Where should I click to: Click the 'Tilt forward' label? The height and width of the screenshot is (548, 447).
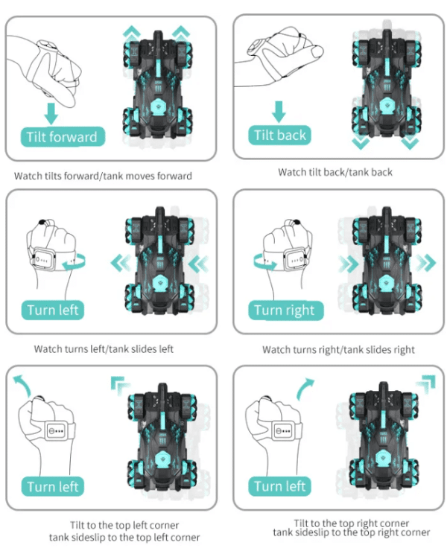[62, 137]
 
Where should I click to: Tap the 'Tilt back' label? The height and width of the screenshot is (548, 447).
[279, 136]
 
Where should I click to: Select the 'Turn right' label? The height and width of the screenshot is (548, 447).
[284, 310]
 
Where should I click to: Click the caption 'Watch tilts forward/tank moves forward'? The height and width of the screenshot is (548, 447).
[103, 176]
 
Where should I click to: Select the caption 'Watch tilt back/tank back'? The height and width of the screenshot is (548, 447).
[335, 172]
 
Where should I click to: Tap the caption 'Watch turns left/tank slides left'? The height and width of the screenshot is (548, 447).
[104, 348]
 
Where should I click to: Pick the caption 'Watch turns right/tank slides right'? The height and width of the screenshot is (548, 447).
[338, 349]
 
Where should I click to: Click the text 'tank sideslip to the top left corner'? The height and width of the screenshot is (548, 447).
[124, 537]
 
